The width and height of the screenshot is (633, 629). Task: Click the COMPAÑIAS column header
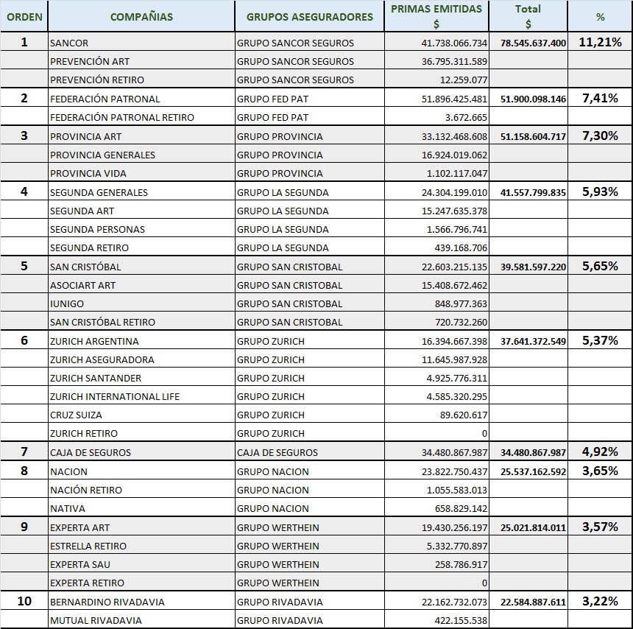point(141,17)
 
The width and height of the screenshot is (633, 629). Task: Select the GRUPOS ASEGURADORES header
point(310,17)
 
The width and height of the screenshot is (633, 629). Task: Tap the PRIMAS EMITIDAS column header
point(436,9)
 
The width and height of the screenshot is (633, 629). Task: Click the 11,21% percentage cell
point(601,42)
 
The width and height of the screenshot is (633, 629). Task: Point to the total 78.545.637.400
point(534,43)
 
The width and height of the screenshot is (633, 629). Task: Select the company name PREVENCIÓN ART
point(90,61)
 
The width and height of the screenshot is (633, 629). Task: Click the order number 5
point(24,266)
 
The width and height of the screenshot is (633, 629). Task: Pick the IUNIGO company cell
point(67,303)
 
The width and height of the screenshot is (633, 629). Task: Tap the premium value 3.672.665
point(466,118)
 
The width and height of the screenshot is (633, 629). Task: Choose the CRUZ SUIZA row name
point(76,415)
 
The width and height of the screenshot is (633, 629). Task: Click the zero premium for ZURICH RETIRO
point(484,434)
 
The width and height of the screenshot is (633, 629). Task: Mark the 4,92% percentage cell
point(601,451)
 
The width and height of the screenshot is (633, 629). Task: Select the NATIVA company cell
point(68,509)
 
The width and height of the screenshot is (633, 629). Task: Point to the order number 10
point(24,601)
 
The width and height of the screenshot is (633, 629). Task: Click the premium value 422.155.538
point(461,620)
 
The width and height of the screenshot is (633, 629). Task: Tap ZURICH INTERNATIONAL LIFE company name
point(115,397)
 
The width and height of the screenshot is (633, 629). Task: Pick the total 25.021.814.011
point(534,527)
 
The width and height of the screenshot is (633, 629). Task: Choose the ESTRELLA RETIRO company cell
point(88,547)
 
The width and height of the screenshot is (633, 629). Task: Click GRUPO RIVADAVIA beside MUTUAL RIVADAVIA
point(280,620)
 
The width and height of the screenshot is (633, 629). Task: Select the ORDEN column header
point(24,17)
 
